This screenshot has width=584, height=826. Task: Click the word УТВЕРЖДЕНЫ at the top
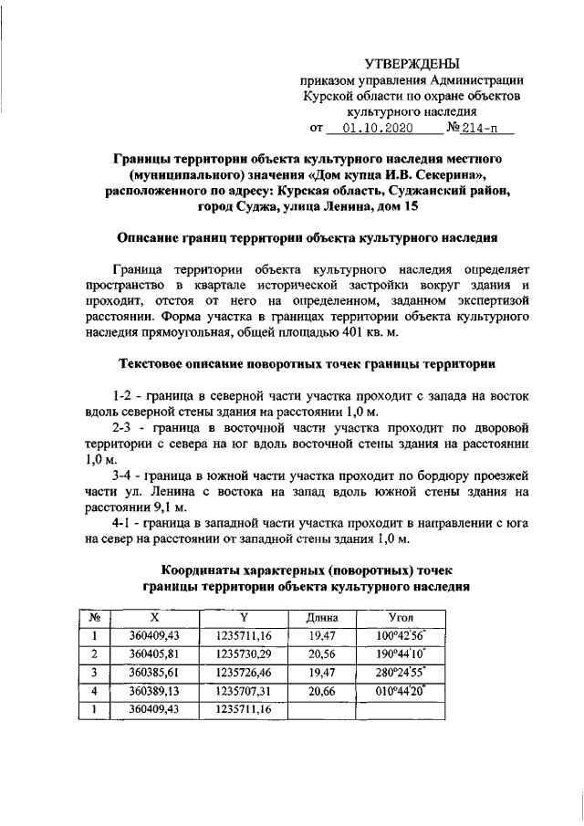tap(412, 63)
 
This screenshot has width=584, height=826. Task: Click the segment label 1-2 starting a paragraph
tap(123, 397)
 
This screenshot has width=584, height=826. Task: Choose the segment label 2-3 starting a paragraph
tap(124, 426)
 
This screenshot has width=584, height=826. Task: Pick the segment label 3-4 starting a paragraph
tap(124, 476)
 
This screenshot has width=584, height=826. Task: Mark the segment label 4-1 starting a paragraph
tap(124, 523)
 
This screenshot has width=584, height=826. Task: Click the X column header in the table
tap(153, 618)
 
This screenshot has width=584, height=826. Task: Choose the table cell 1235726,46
tap(245, 673)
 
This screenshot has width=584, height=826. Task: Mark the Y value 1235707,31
tap(245, 691)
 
